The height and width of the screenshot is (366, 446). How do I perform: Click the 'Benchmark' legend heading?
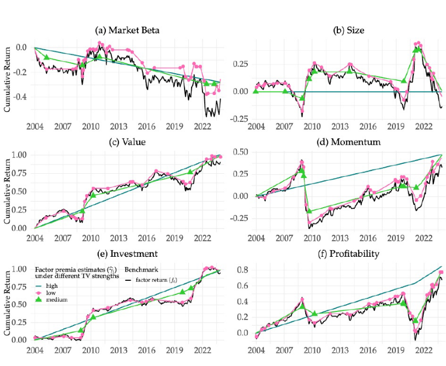[141, 270]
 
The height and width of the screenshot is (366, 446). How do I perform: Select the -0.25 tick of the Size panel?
[245, 119]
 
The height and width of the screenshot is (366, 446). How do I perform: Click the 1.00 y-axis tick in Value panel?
[20, 155]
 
